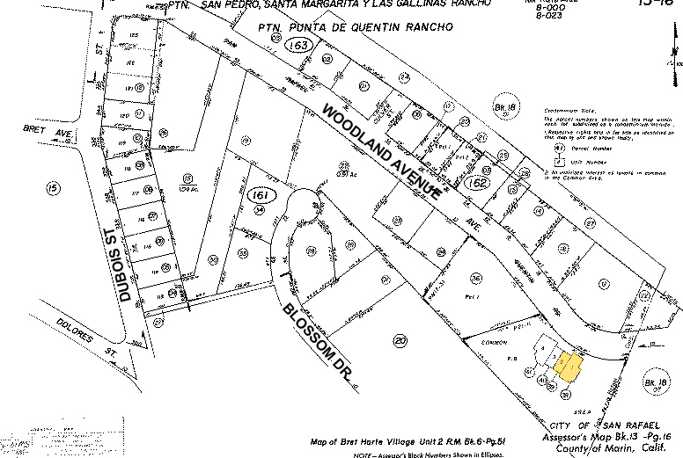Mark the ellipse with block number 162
[x=477, y=183]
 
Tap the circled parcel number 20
[x=400, y=340]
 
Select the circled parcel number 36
[x=476, y=278]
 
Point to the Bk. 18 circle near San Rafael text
[x=657, y=383]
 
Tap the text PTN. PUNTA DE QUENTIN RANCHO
[x=355, y=27]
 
